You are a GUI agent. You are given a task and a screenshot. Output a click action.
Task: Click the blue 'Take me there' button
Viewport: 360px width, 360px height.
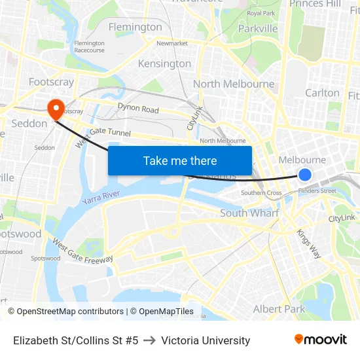tap(180, 160)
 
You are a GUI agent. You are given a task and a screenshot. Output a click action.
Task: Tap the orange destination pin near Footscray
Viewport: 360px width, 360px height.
tap(55, 107)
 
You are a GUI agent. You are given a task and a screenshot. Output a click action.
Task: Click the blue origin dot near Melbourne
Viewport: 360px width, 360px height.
tap(305, 174)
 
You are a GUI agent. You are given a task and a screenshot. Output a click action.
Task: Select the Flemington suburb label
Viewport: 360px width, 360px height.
tap(135, 27)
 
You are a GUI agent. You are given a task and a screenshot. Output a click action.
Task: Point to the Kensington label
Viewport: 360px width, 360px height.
tap(164, 63)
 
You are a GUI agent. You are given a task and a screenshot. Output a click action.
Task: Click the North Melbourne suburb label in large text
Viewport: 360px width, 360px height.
tap(234, 84)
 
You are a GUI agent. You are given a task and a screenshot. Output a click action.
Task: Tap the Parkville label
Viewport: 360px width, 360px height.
tap(258, 29)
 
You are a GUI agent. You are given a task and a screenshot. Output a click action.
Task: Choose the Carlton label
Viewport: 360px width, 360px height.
tap(322, 93)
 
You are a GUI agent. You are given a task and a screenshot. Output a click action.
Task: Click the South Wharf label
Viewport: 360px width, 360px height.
tap(249, 213)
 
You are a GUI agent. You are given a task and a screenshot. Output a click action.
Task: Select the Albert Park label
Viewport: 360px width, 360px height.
tap(279, 309)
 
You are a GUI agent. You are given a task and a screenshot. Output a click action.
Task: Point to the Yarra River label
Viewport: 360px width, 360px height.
tap(101, 196)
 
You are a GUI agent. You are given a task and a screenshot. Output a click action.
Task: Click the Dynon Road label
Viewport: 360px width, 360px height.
tap(138, 109)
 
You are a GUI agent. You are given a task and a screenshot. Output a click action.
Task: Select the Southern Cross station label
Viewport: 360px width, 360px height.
tap(261, 193)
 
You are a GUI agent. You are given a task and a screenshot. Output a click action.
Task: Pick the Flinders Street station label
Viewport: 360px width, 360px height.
tap(317, 191)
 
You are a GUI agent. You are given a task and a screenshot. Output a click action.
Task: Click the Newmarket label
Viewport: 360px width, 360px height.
tap(172, 43)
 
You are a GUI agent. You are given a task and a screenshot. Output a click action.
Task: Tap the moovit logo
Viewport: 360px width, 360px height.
tap(321, 339)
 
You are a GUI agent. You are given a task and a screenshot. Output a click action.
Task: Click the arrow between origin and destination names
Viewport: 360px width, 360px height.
tap(149, 340)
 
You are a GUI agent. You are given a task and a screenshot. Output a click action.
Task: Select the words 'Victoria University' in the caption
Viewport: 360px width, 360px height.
tap(206, 340)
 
